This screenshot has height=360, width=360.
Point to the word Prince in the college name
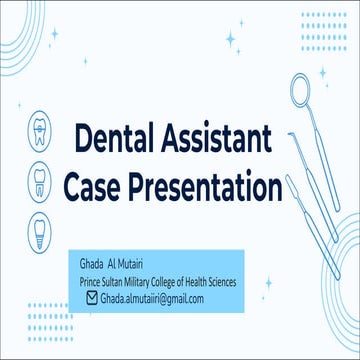tap(93, 283)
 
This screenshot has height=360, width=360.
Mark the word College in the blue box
tap(184, 283)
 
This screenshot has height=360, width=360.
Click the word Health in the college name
tap(212, 283)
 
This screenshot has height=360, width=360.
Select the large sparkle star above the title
tap(231, 41)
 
